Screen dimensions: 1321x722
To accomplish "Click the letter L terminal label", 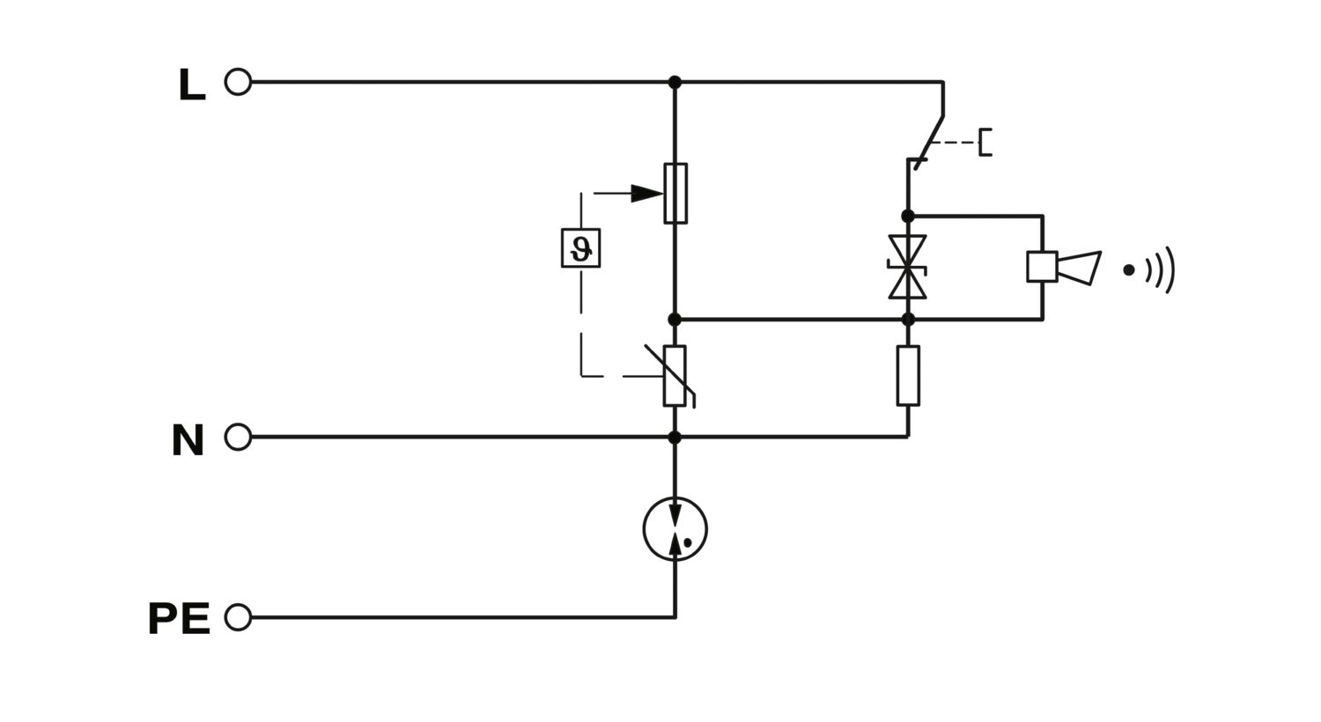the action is [x=192, y=85].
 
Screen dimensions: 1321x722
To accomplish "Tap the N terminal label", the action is [x=188, y=439].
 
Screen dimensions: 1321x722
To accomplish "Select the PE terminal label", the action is [x=180, y=618].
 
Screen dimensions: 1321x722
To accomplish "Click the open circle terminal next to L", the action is [x=239, y=82].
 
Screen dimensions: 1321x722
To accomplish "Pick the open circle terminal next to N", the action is [x=239, y=438].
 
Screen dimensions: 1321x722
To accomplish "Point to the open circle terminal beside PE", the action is [x=239, y=617].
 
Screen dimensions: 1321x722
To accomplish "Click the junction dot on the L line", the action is [x=675, y=82].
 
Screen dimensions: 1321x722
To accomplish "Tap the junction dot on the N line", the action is [x=675, y=438].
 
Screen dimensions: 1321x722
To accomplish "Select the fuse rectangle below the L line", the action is [x=675, y=194].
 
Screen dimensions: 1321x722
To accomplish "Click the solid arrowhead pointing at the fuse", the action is [x=647, y=194].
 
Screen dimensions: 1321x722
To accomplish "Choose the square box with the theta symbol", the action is [x=581, y=248].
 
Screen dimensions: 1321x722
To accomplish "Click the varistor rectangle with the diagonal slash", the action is [x=675, y=376].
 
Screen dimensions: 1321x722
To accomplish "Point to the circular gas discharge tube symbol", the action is [x=675, y=529].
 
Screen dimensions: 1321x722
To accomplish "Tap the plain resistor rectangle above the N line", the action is [x=908, y=376].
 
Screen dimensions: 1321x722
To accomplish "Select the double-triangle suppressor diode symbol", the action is [x=908, y=267].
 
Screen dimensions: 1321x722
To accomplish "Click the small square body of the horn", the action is [x=1042, y=267].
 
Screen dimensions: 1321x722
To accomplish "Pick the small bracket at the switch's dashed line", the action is [x=985, y=142].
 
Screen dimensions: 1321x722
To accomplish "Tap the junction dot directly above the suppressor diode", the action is [x=908, y=217].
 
